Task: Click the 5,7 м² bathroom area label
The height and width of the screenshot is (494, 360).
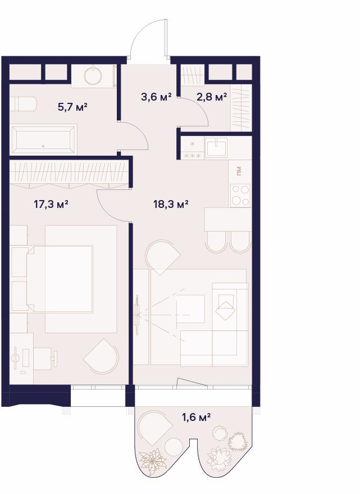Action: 72,107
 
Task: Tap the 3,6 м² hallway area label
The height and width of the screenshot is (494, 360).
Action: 156,97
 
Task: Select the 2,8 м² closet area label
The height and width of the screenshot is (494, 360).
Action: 212,97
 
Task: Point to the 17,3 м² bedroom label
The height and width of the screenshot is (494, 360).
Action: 51,205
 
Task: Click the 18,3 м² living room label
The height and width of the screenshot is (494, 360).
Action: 171,204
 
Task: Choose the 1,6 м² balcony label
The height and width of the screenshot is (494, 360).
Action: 196,418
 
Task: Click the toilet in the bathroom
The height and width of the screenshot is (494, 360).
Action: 22,103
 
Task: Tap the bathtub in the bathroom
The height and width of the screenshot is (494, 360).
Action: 43,139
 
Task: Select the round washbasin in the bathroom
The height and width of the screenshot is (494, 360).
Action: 94,75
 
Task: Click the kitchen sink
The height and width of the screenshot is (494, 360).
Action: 216,147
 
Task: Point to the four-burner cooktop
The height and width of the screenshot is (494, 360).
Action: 240,196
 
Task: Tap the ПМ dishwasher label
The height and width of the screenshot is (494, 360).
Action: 239,171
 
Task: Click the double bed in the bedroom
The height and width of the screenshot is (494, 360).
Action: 60,279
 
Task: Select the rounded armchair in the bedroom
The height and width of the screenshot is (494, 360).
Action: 102,356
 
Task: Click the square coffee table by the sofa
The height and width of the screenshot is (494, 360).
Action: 190,309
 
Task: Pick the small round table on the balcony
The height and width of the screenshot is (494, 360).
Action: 174,446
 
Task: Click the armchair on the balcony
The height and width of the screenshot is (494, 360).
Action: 154,428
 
